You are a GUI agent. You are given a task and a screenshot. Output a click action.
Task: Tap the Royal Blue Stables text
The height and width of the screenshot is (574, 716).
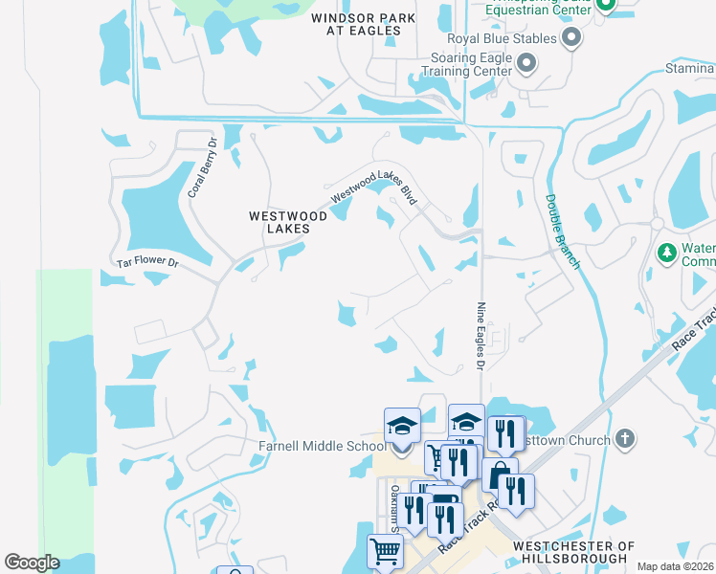click(502, 39)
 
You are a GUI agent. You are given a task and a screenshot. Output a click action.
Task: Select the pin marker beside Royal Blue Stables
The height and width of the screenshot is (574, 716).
click(571, 38)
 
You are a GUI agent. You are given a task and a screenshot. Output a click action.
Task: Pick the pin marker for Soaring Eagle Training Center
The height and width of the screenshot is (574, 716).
click(526, 64)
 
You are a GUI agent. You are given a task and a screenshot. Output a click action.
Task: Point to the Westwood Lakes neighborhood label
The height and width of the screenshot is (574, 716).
click(288, 222)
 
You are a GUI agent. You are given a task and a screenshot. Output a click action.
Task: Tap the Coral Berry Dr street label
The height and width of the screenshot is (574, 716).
click(203, 167)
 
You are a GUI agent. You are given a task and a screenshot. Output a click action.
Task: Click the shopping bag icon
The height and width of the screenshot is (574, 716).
click(500, 475)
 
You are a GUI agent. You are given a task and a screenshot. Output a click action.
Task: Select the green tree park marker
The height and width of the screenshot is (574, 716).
click(666, 254)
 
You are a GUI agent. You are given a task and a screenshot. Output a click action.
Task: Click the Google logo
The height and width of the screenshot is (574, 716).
click(32, 562)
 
